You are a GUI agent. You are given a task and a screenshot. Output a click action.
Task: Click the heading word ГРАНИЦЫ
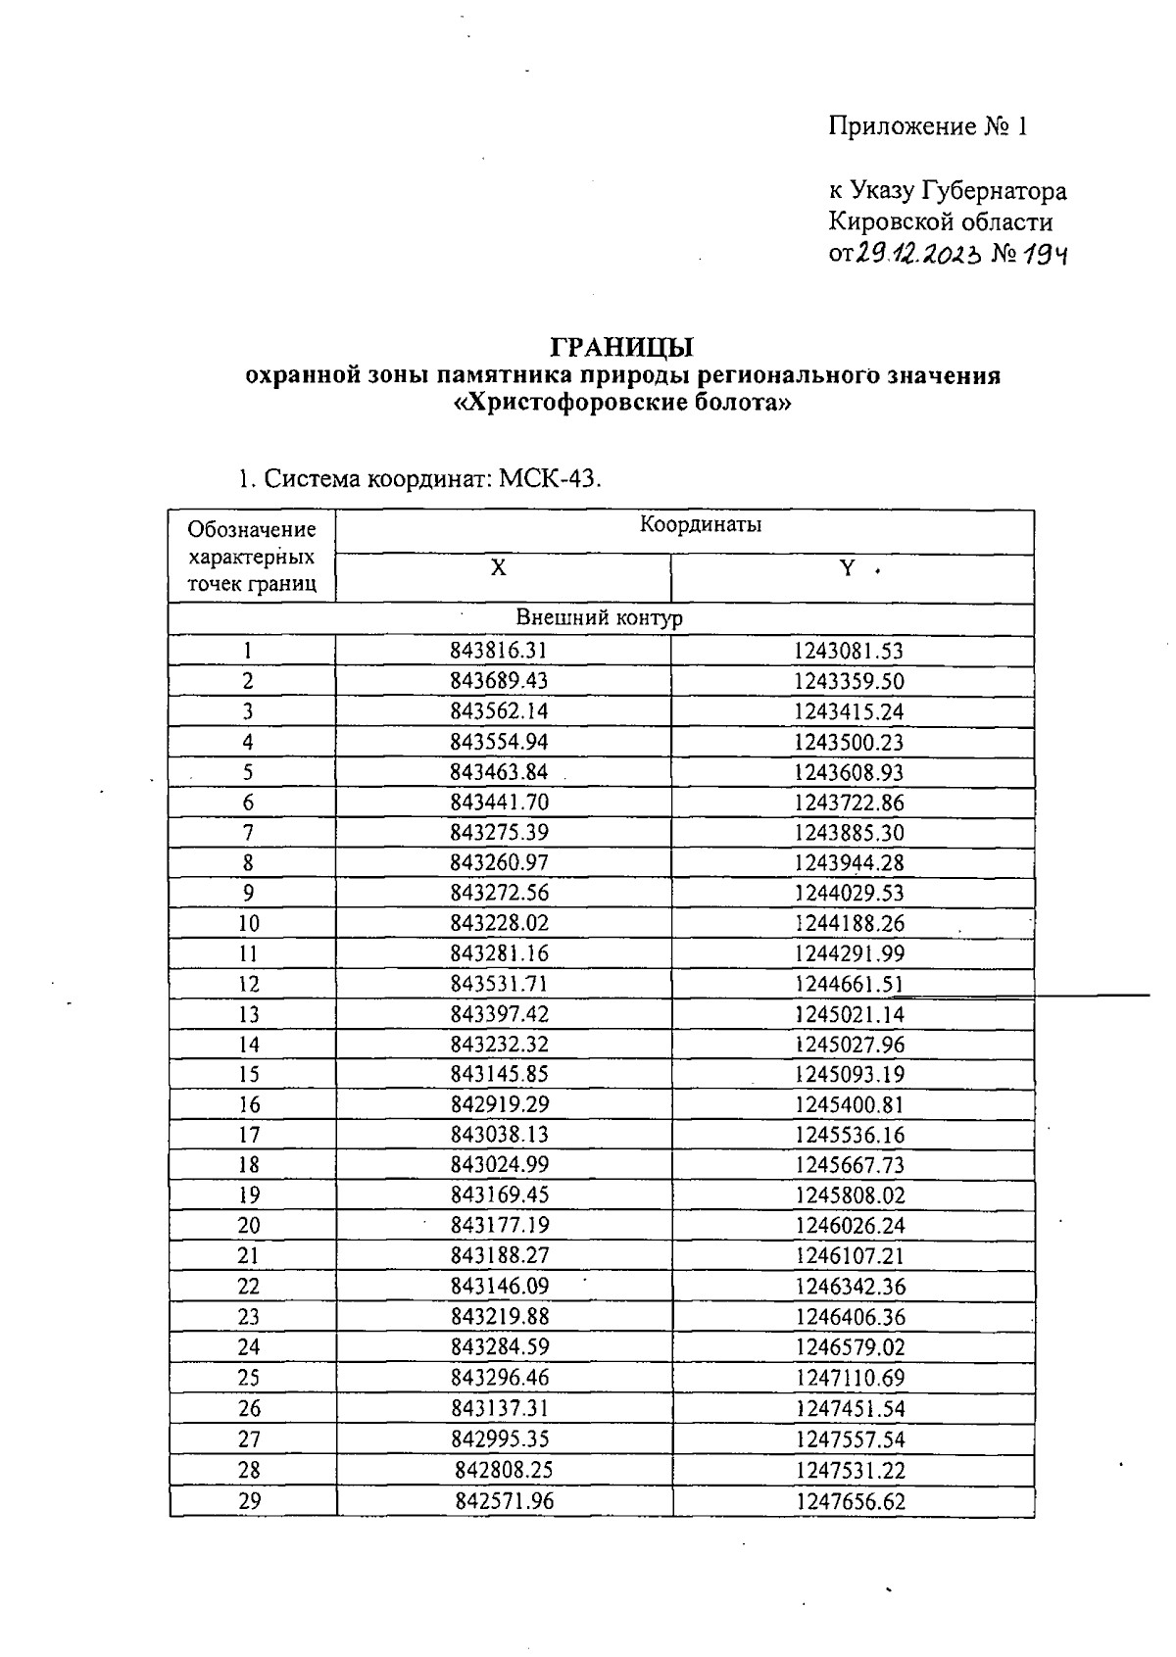621,348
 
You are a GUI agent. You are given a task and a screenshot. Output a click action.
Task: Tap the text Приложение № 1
927,126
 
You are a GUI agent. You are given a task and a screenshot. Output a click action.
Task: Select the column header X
498,568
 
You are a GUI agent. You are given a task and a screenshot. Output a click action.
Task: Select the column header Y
848,568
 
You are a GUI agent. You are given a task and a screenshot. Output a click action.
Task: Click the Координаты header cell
701,524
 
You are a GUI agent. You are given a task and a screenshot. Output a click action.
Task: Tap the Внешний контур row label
599,618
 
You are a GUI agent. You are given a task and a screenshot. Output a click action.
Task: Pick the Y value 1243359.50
849,682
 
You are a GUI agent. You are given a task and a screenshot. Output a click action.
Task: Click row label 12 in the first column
249,985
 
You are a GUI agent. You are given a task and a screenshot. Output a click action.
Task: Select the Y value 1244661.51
849,985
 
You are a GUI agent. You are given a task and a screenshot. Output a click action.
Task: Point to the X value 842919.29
500,1105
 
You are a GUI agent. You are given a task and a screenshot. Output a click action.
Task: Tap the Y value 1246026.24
850,1226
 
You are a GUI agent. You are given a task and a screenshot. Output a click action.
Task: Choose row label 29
250,1500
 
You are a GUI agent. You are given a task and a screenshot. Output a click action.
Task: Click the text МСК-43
550,479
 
